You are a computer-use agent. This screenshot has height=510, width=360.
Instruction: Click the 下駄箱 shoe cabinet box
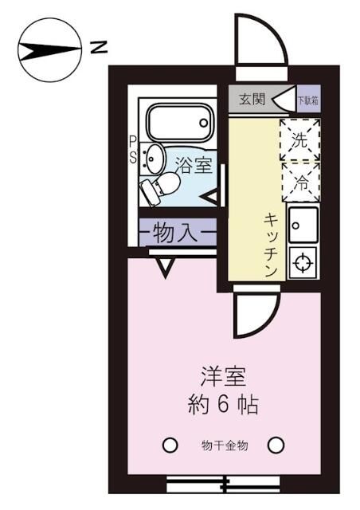pyautogui.click(x=307, y=101)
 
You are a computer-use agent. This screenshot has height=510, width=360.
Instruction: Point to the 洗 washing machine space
pyautogui.click(x=299, y=140)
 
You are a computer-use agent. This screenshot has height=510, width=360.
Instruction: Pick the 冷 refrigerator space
pyautogui.click(x=299, y=180)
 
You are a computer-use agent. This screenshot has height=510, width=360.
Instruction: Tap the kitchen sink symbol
pyautogui.click(x=303, y=226)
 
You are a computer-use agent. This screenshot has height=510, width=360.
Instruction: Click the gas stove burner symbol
pyautogui.click(x=303, y=262)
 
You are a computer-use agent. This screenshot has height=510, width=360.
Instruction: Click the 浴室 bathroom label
pyautogui.click(x=194, y=166)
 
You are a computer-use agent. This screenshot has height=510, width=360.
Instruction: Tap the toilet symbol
pyautogui.click(x=158, y=189)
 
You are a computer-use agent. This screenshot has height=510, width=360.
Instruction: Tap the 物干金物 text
pyautogui.click(x=224, y=445)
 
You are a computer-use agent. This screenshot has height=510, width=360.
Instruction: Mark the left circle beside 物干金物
pyautogui.click(x=169, y=445)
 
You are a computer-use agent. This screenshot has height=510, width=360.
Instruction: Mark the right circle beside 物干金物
pyautogui.click(x=276, y=445)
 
